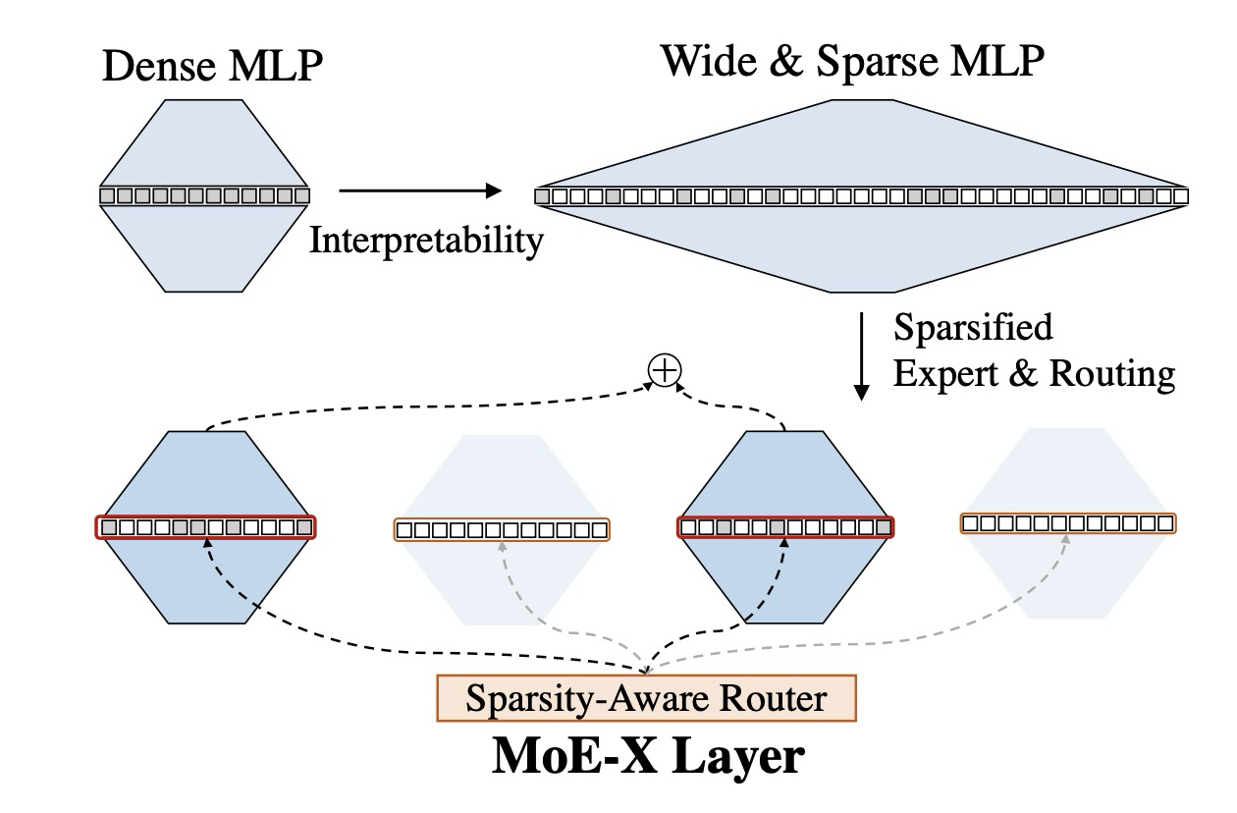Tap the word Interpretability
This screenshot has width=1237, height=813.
(426, 240)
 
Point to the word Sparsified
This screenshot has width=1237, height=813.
(973, 327)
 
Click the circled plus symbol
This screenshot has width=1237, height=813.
(665, 370)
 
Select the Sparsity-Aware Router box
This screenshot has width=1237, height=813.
(646, 697)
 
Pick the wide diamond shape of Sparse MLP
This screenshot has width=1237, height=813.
(861, 245)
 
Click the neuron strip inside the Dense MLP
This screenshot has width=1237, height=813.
(204, 195)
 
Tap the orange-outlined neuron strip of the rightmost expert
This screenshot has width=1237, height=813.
(1068, 523)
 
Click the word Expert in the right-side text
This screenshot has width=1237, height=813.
(946, 374)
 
